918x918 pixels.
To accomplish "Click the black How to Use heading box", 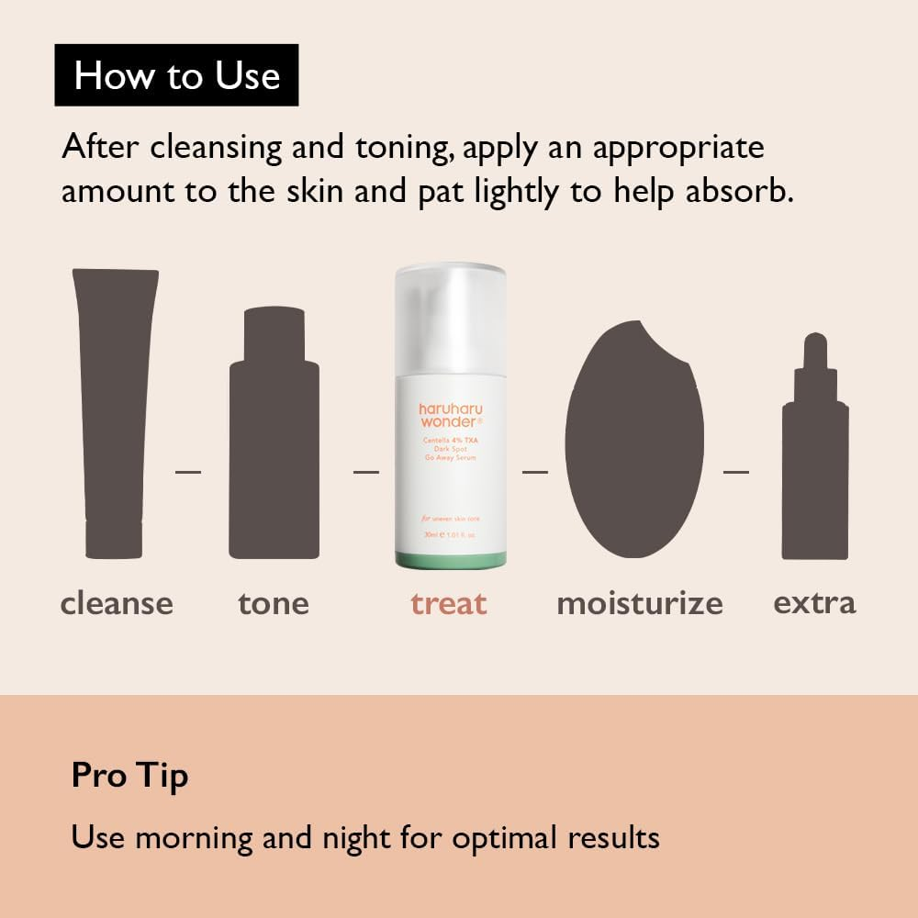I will (x=176, y=74).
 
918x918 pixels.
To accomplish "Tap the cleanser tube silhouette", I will (x=115, y=395).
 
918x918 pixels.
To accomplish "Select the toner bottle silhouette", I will (x=274, y=441).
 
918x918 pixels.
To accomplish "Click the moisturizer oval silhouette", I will (x=633, y=441).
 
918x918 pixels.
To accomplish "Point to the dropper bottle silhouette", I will (x=815, y=459).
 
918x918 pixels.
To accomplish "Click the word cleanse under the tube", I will (x=117, y=603).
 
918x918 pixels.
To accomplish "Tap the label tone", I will (x=274, y=603).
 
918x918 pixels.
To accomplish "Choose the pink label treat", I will (x=448, y=603).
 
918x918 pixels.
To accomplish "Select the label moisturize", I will (x=639, y=603).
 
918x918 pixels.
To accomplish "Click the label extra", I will (x=814, y=603).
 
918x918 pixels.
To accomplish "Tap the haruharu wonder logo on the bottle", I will (x=450, y=414).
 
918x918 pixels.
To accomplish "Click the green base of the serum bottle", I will (x=450, y=558).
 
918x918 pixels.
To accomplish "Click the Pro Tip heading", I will (x=129, y=776).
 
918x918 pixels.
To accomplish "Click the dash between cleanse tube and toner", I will (x=187, y=472).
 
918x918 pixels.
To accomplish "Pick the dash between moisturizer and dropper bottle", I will (x=736, y=472).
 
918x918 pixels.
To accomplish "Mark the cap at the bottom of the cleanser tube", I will (x=114, y=540).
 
